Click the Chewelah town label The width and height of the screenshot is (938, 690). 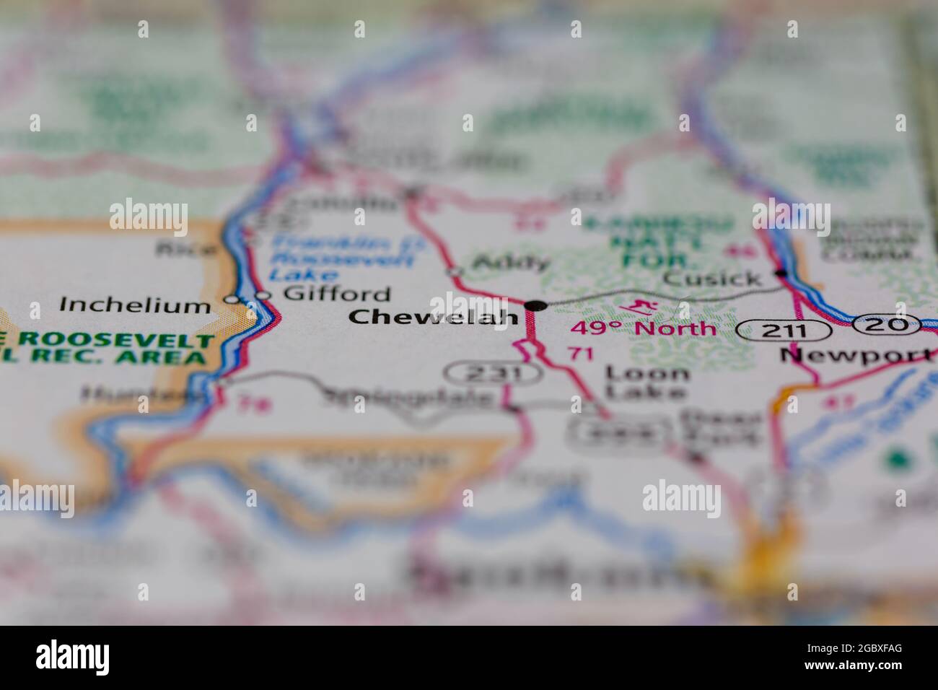coord(433,316)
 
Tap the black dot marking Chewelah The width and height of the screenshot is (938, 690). coord(535,306)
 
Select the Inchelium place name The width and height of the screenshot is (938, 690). coord(134,305)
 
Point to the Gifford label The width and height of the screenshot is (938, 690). coord(336,294)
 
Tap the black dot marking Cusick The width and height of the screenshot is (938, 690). coord(781,274)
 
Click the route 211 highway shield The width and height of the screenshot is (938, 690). coord(784,331)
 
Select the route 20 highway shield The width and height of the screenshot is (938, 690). coord(886,324)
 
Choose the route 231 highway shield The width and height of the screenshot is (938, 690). coord(493,373)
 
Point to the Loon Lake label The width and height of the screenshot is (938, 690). coord(646,382)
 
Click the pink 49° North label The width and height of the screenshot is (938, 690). coord(643,329)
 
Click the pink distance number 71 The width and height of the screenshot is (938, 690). coord(579,354)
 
